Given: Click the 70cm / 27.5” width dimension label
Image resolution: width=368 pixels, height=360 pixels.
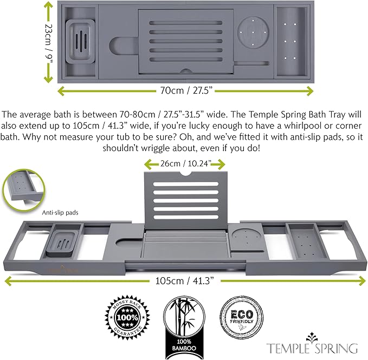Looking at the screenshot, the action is click(186, 90).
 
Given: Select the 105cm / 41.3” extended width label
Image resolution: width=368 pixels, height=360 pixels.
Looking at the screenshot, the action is click(185, 281).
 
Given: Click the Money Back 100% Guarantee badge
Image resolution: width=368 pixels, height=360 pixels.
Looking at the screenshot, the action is click(127, 317).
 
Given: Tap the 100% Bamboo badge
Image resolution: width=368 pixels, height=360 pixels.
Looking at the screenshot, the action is click(184, 327).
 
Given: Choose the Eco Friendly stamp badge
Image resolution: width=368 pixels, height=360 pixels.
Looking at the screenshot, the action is click(242, 318).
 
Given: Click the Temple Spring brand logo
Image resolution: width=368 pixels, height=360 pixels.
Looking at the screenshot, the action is click(312, 344).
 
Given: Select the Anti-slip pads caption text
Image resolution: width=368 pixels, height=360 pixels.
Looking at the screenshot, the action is click(60, 213).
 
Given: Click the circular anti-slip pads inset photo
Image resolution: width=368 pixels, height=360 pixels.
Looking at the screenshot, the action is click(23, 189).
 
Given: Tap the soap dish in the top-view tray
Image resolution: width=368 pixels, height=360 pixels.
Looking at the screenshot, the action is click(80, 42).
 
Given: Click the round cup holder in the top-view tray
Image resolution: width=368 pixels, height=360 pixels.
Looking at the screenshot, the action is click(253, 32).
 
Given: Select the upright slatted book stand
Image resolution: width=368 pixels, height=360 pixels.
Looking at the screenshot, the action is click(186, 200).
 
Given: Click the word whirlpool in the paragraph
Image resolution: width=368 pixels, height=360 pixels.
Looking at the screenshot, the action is click(302, 126).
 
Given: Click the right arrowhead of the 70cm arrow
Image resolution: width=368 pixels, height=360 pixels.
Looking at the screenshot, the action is click(310, 91).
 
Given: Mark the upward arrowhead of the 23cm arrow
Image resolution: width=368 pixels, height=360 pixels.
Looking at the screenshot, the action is click(48, 5).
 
